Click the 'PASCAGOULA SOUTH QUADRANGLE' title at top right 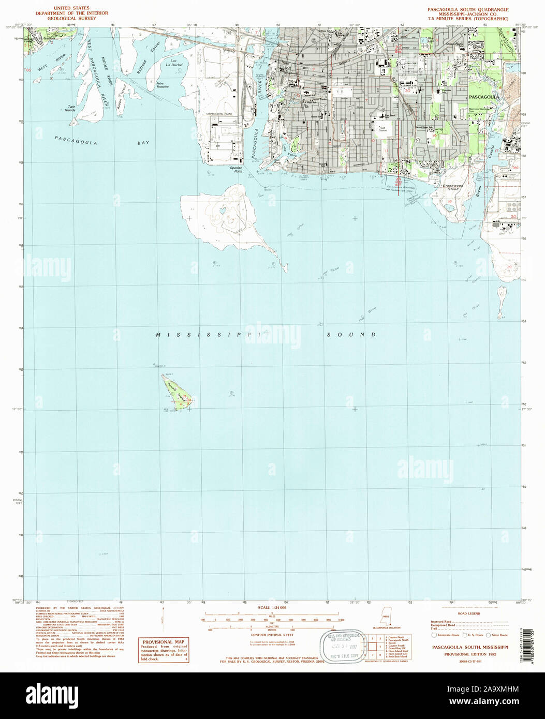467,9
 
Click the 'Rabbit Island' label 122,96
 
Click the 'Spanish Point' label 236,169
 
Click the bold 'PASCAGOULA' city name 483,97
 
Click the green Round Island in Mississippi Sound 175,391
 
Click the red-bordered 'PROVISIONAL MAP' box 164,650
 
